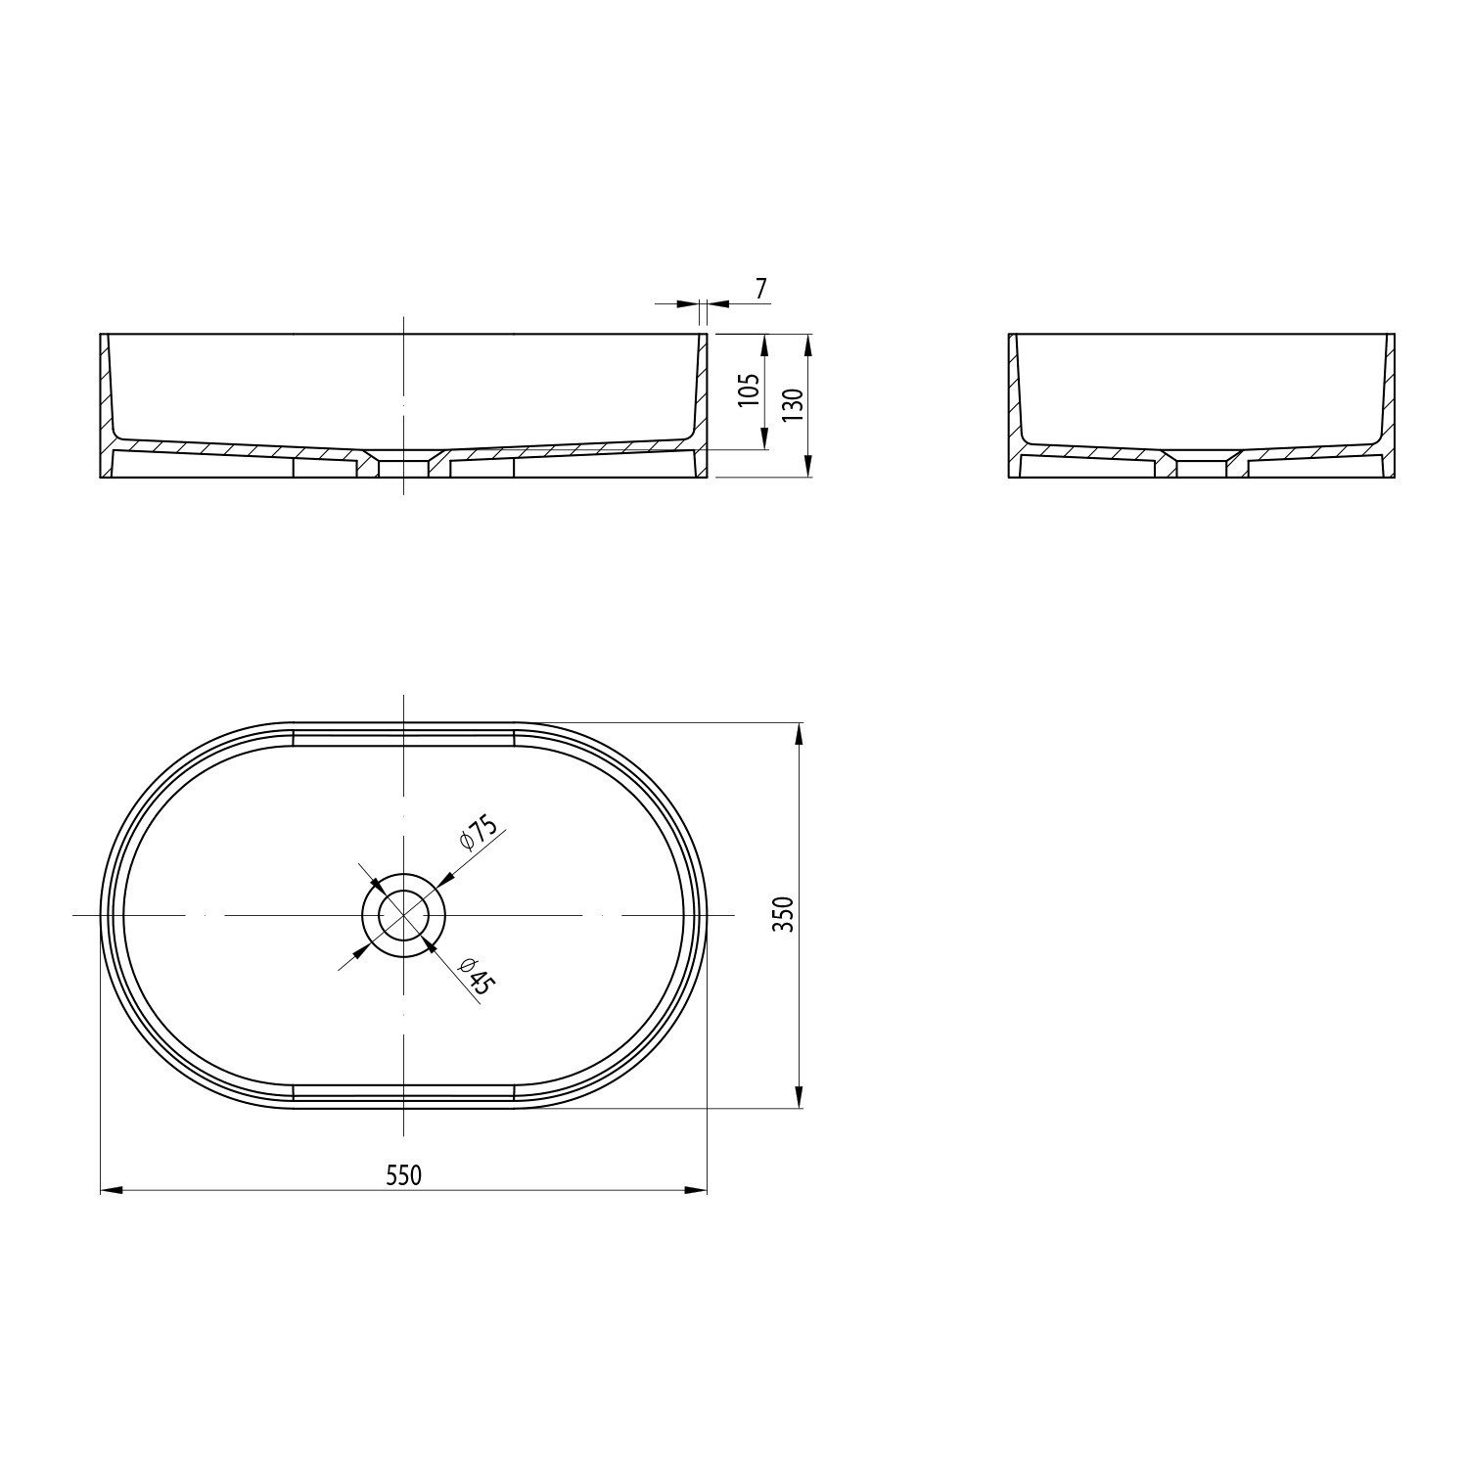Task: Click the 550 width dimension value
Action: pyautogui.click(x=403, y=1174)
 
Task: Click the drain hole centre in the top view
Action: pyautogui.click(x=403, y=914)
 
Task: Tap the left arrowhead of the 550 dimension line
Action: pyautogui.click(x=113, y=1190)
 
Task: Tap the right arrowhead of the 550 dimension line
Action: pyautogui.click(x=696, y=1190)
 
